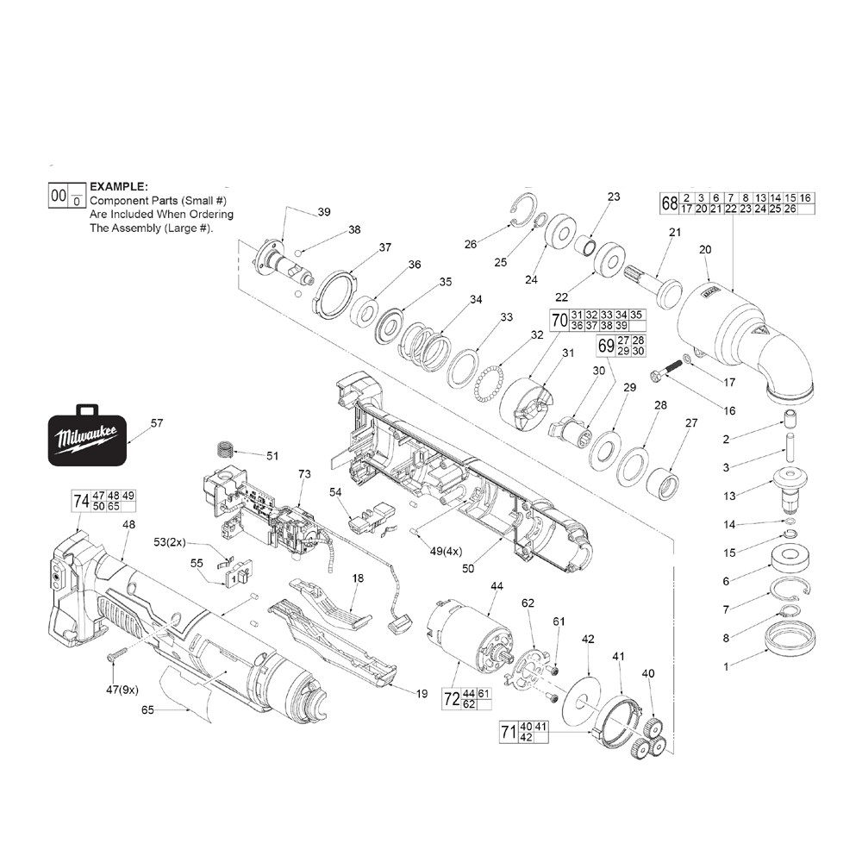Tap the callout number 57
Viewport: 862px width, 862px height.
point(156,423)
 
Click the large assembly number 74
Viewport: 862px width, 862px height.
point(81,501)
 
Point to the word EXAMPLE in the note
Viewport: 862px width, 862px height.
point(119,186)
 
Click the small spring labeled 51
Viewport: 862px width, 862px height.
point(224,450)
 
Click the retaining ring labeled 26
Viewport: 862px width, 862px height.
point(521,211)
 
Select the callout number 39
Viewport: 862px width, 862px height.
point(324,212)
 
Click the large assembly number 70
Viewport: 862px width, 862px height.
point(559,321)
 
